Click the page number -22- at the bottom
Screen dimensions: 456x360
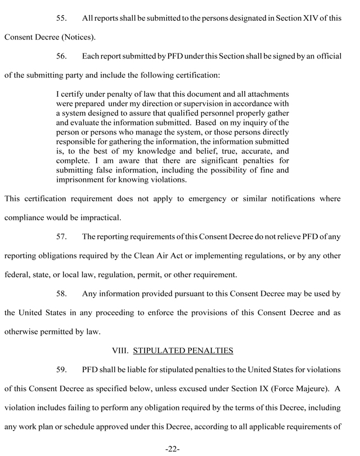click(172, 449)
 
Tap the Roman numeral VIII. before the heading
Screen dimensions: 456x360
click(120, 351)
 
